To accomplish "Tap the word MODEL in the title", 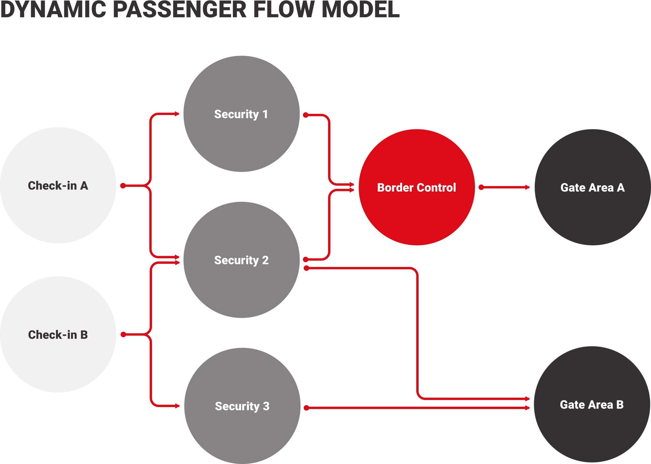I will click(361, 10).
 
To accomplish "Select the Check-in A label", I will click(58, 186).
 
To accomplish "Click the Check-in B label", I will click(58, 335).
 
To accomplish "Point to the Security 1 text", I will click(241, 114).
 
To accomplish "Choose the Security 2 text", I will click(241, 260).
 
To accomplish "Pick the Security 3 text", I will click(242, 406).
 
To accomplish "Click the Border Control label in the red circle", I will click(417, 188).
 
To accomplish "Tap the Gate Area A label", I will click(593, 188).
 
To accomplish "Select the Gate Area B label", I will click(592, 405).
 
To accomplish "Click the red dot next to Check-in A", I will click(123, 186).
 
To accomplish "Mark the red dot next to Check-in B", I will click(123, 335).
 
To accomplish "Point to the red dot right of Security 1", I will click(306, 115).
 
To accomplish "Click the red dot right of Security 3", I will click(306, 408).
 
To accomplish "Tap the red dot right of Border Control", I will click(481, 188).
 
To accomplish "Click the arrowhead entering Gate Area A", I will click(527, 188).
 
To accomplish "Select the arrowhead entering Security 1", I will click(177, 114).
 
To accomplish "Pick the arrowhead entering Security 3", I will click(177, 406).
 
